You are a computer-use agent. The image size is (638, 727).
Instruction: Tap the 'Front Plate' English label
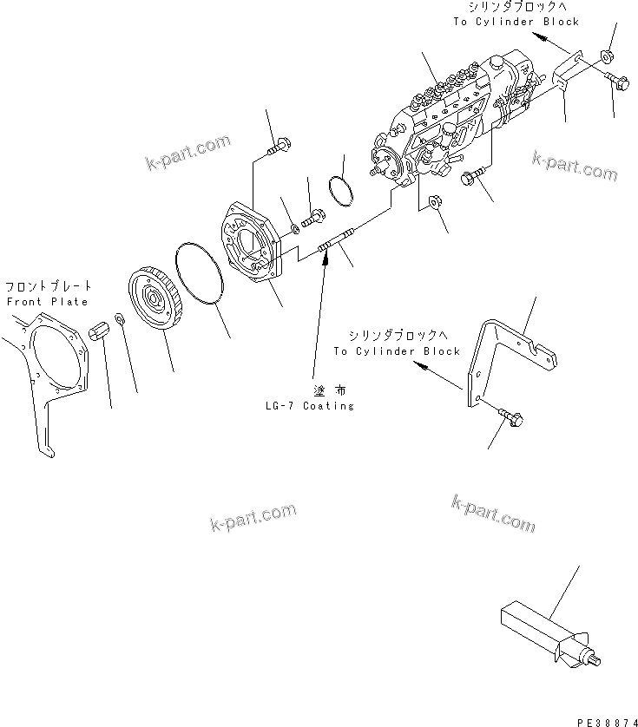(x=47, y=302)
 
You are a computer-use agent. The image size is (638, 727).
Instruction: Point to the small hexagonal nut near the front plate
(x=100, y=331)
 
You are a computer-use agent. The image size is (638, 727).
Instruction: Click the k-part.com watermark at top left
(x=187, y=152)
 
